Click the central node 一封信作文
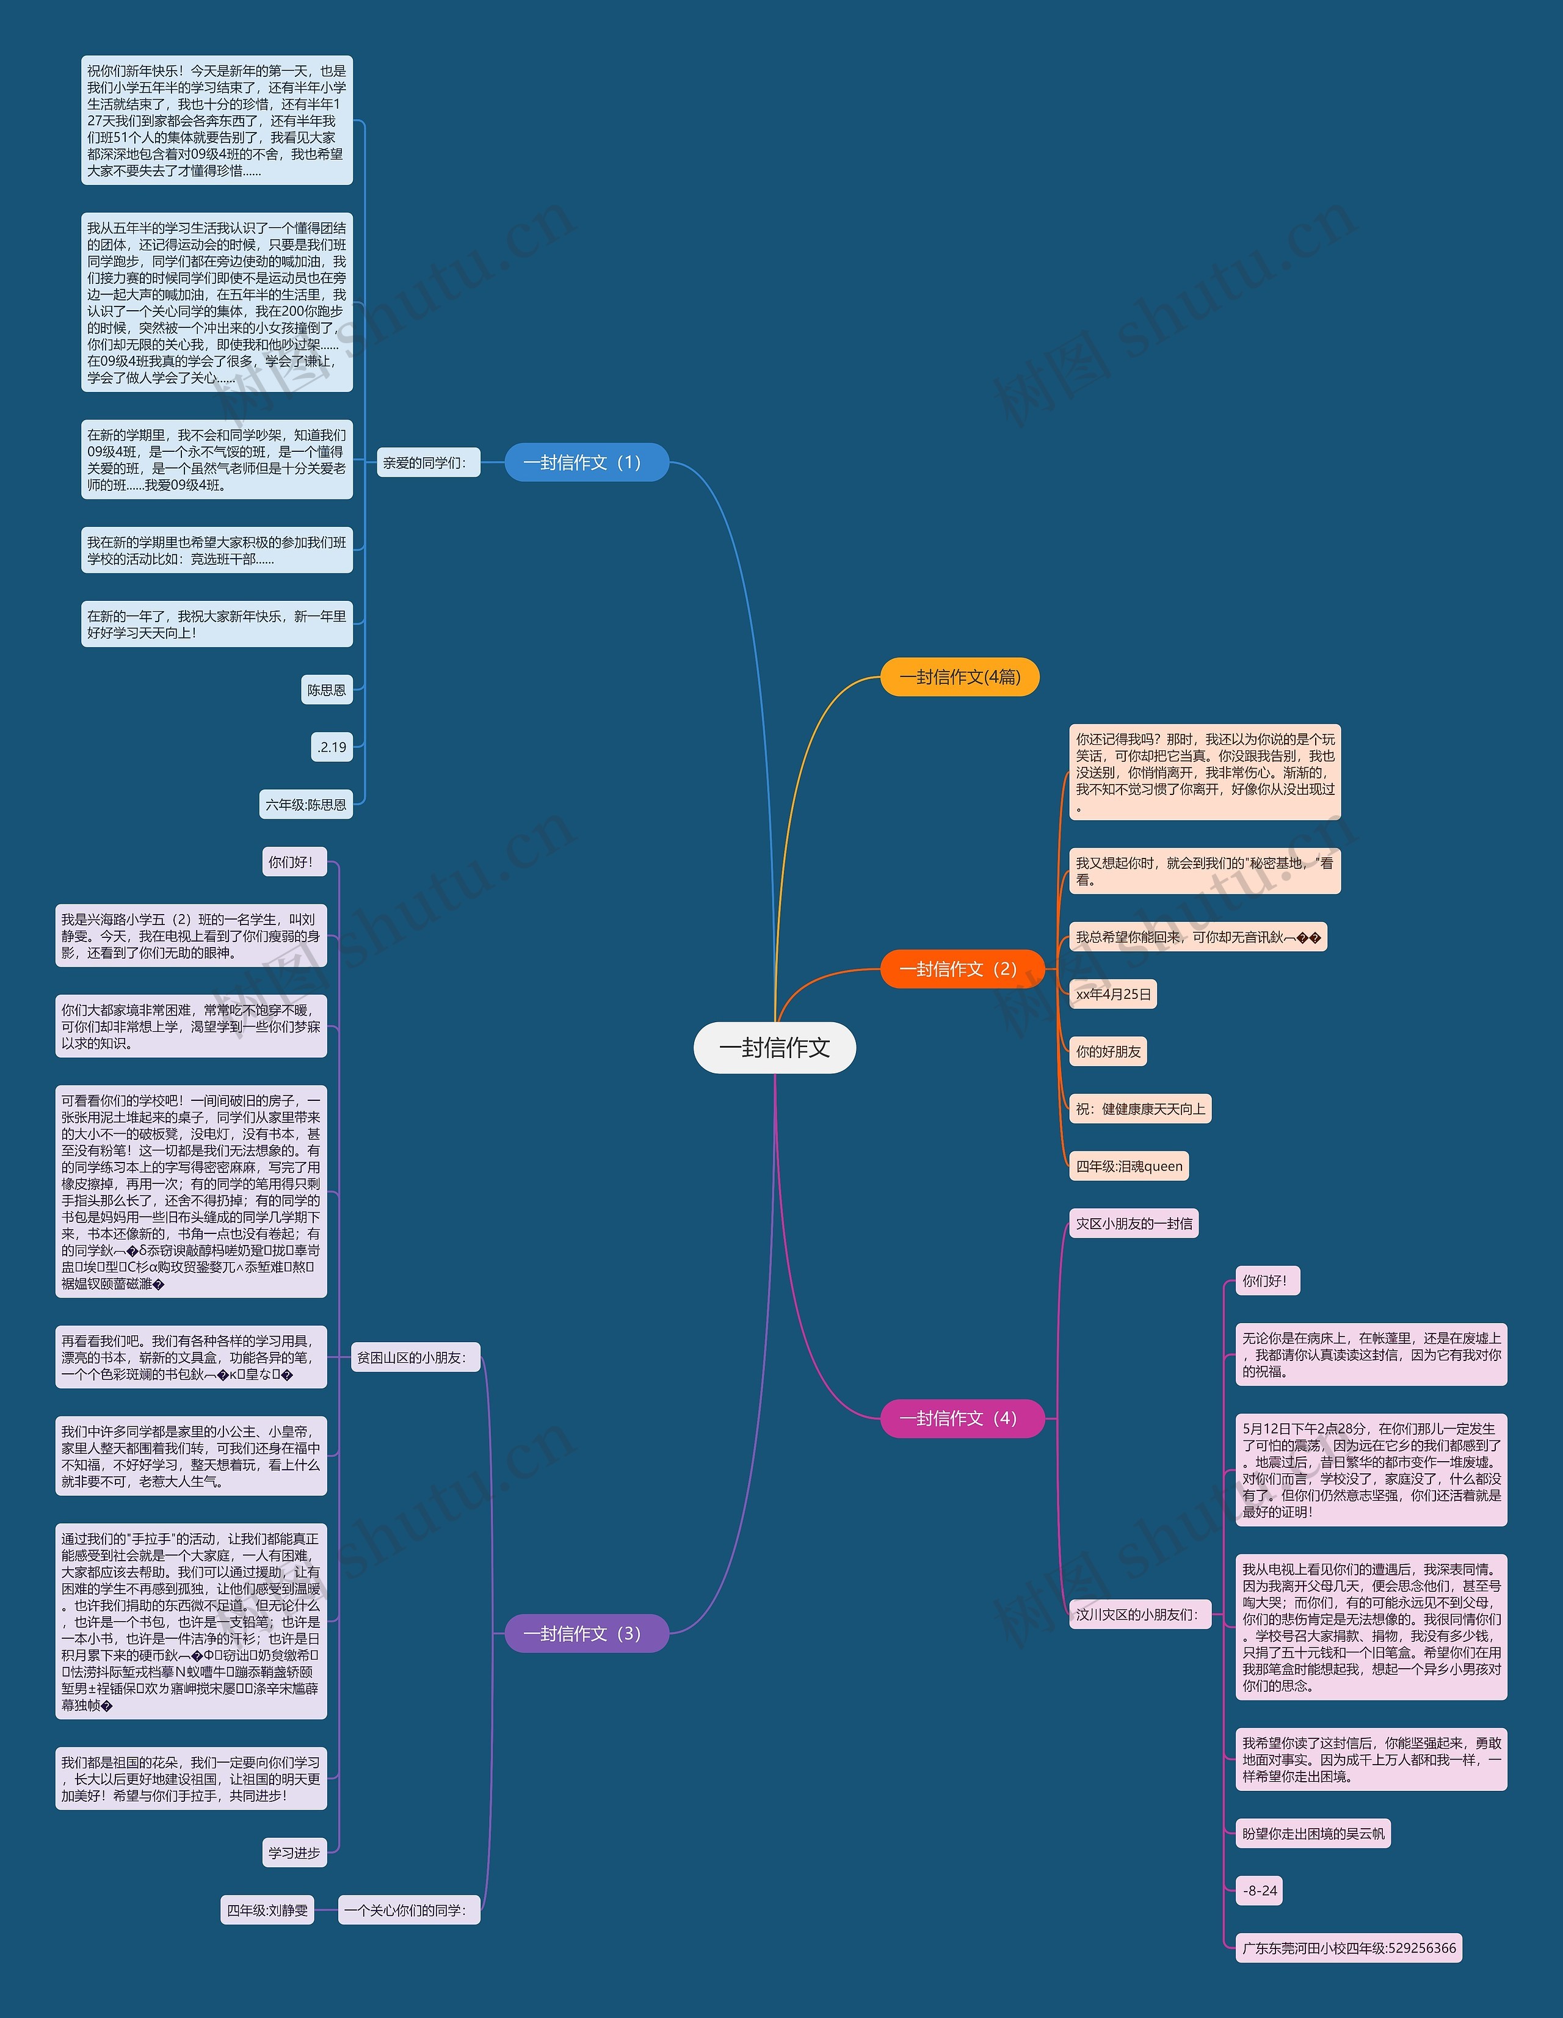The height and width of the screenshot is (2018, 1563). (774, 1047)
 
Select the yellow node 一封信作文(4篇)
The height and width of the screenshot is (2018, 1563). (960, 677)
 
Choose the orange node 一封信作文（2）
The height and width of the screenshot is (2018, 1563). (962, 968)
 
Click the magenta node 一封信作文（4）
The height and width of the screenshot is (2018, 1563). (962, 1418)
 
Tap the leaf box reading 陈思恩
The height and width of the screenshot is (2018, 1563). (327, 689)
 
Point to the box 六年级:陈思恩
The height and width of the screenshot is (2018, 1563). (306, 804)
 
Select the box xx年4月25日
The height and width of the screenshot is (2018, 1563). (1113, 994)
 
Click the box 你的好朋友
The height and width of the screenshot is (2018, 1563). (1108, 1051)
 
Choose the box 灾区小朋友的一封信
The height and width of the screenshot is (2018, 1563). (1133, 1224)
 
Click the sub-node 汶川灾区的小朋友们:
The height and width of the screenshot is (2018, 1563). (1140, 1615)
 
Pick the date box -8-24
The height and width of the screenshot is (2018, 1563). (1259, 1890)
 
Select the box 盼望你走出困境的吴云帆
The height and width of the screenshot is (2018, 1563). (1313, 1833)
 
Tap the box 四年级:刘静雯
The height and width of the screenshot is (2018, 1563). (267, 1910)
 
